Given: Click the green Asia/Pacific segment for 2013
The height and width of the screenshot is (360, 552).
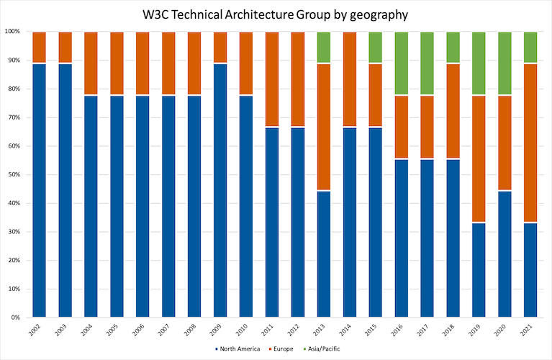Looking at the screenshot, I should coord(323,48).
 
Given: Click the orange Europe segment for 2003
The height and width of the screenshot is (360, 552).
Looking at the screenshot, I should coord(64,48).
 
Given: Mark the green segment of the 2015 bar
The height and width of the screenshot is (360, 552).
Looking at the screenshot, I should coord(375,48).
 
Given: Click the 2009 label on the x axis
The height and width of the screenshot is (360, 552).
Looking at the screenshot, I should coord(220,330).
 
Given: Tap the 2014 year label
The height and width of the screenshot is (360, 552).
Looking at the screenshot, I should coord(349,330).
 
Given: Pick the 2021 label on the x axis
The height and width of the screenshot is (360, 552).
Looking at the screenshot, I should coord(530,330).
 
